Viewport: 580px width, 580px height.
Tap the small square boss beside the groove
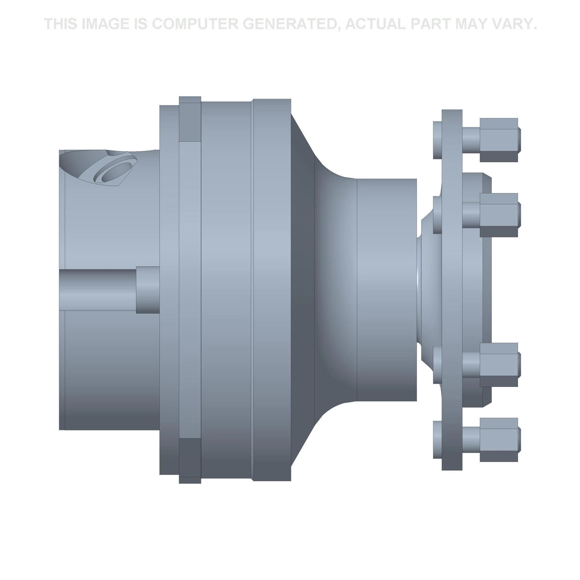[x=147, y=289]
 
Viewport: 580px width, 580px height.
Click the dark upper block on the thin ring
[x=190, y=122]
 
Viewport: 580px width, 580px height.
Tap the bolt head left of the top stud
[x=437, y=140]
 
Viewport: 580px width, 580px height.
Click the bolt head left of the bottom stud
[x=437, y=440]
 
